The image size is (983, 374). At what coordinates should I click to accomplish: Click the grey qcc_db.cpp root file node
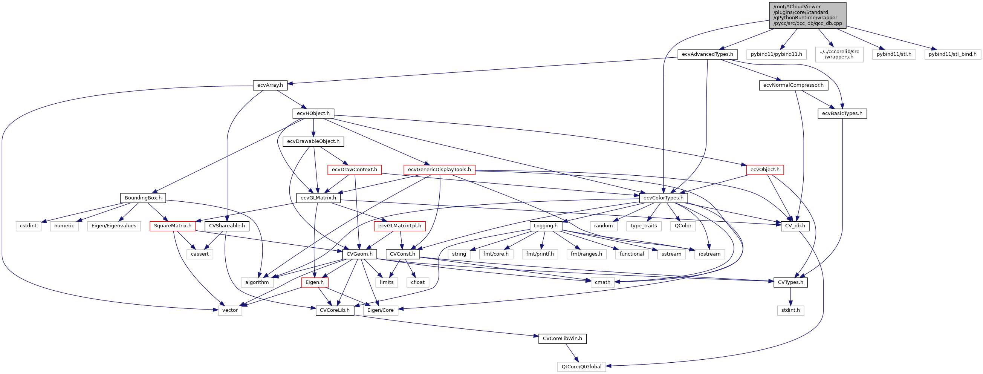[x=807, y=15]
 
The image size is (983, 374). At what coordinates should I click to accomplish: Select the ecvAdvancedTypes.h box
[x=707, y=54]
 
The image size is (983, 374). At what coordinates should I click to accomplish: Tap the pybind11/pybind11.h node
[x=776, y=54]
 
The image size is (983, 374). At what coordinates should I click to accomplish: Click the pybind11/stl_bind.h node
[x=952, y=54]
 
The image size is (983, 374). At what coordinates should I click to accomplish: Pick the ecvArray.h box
[x=270, y=85]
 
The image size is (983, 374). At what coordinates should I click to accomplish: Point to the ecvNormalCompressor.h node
[x=793, y=85]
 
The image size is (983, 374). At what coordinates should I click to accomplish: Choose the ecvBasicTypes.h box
[x=842, y=113]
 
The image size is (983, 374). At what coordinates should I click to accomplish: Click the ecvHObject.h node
[x=313, y=113]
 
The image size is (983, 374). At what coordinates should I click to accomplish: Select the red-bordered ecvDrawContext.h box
[x=354, y=170]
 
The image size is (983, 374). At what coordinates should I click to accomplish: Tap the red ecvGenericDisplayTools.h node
[x=439, y=170]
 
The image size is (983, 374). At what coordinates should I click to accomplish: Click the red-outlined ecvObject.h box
[x=765, y=170]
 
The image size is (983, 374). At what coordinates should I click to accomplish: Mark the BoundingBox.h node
[x=143, y=198]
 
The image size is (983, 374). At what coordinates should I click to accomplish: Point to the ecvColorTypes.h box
[x=663, y=198]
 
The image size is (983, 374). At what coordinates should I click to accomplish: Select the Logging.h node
[x=545, y=226]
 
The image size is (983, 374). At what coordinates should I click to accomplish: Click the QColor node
[x=683, y=226]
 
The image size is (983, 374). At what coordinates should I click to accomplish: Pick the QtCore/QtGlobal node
[x=581, y=367]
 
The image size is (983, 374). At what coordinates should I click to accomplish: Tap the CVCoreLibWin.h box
[x=562, y=339]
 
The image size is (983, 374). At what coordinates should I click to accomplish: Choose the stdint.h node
[x=790, y=310]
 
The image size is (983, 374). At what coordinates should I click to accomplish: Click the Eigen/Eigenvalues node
[x=114, y=226]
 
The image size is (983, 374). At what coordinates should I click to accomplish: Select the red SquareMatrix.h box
[x=173, y=226]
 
